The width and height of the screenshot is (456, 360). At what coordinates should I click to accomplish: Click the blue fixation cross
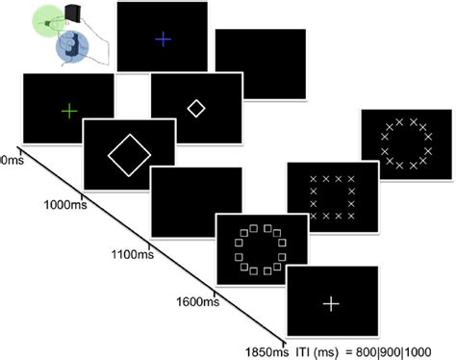(163, 39)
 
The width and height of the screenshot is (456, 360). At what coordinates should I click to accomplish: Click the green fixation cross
(68, 111)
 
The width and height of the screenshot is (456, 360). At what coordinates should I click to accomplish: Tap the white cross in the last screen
(331, 303)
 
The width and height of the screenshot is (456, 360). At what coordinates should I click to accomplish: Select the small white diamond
(195, 109)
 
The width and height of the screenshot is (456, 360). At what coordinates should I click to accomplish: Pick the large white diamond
(129, 154)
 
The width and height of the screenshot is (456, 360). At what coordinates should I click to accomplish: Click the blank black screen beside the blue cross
(260, 63)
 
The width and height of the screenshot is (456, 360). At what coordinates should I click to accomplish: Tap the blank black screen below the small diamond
(196, 200)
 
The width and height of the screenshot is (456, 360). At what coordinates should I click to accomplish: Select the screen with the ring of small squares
(262, 249)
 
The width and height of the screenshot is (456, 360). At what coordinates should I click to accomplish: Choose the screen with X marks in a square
(333, 196)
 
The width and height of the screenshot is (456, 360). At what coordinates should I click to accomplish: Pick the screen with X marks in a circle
(404, 143)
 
